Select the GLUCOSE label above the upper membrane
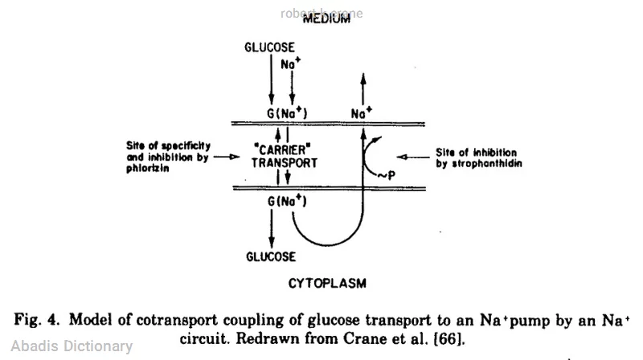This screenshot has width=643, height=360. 270,47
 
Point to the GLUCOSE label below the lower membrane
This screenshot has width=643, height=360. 270,257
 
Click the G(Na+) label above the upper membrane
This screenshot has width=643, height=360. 287,114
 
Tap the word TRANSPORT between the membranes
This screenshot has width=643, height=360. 282,162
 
